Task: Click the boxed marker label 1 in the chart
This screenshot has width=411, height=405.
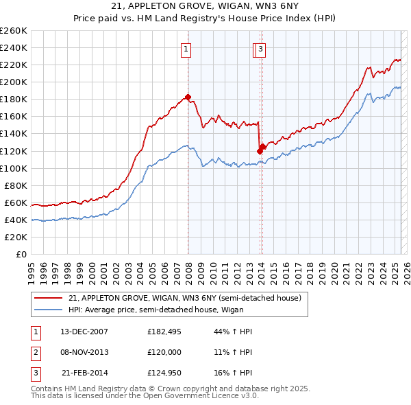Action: (x=186, y=49)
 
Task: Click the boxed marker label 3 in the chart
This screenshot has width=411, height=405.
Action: (x=262, y=49)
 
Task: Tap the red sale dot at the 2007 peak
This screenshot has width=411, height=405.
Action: (x=188, y=97)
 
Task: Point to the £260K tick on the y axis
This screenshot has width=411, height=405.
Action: (x=14, y=31)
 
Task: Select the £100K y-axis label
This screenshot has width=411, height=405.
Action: (x=14, y=168)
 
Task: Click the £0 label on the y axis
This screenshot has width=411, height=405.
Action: (x=21, y=254)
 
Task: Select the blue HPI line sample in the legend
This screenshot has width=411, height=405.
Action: (x=48, y=310)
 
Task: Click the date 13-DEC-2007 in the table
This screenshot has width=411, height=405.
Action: (x=84, y=332)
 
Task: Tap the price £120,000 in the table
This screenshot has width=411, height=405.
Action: (x=164, y=351)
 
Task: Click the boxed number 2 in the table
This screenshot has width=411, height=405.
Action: (x=35, y=351)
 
